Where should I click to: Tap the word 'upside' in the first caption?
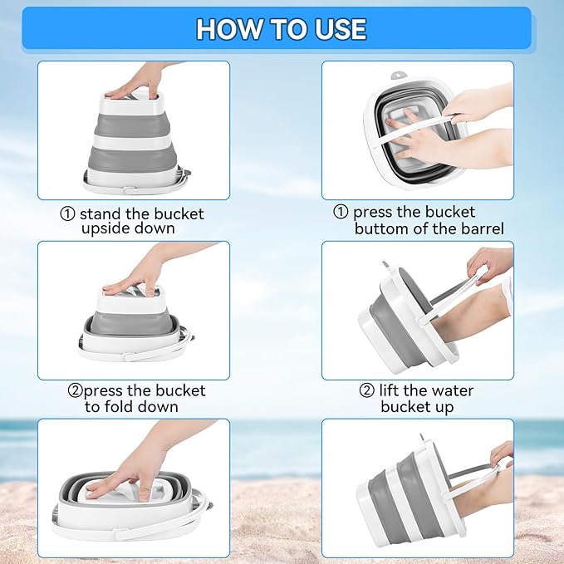[105, 229]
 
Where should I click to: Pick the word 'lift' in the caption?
[390, 390]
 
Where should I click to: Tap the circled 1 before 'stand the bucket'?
[67, 214]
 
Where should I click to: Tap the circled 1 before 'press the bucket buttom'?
[341, 212]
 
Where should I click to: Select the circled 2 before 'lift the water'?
[367, 390]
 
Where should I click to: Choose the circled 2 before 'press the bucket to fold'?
[75, 390]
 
